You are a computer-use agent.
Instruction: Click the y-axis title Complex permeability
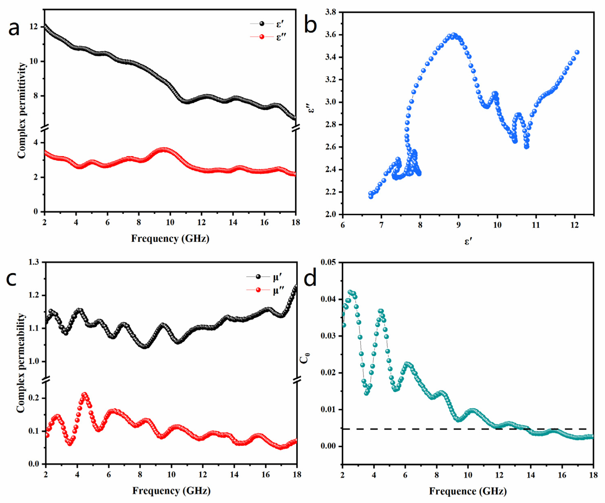point(21,363)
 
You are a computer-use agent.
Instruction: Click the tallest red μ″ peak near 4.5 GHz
point(84,395)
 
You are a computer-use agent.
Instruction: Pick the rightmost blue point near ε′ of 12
point(577,52)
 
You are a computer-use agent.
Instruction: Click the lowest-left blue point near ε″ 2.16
point(371,196)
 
